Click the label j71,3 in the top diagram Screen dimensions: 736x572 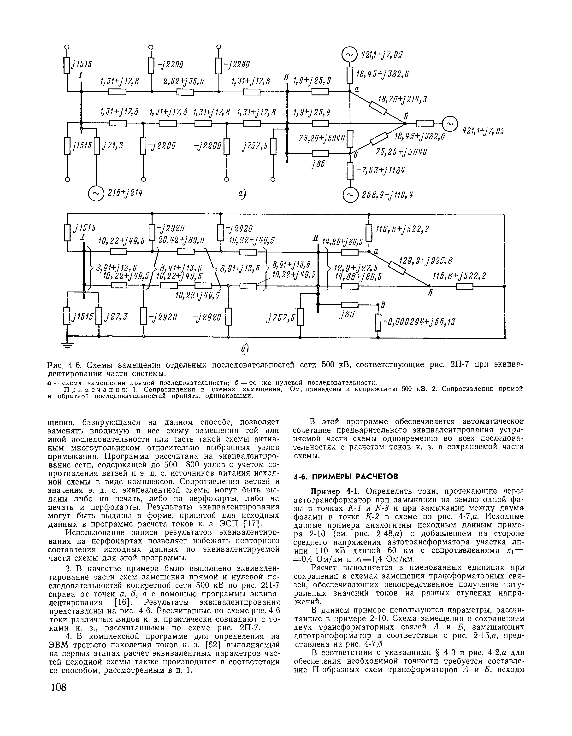tap(113, 145)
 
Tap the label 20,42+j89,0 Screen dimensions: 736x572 tap(182, 240)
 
